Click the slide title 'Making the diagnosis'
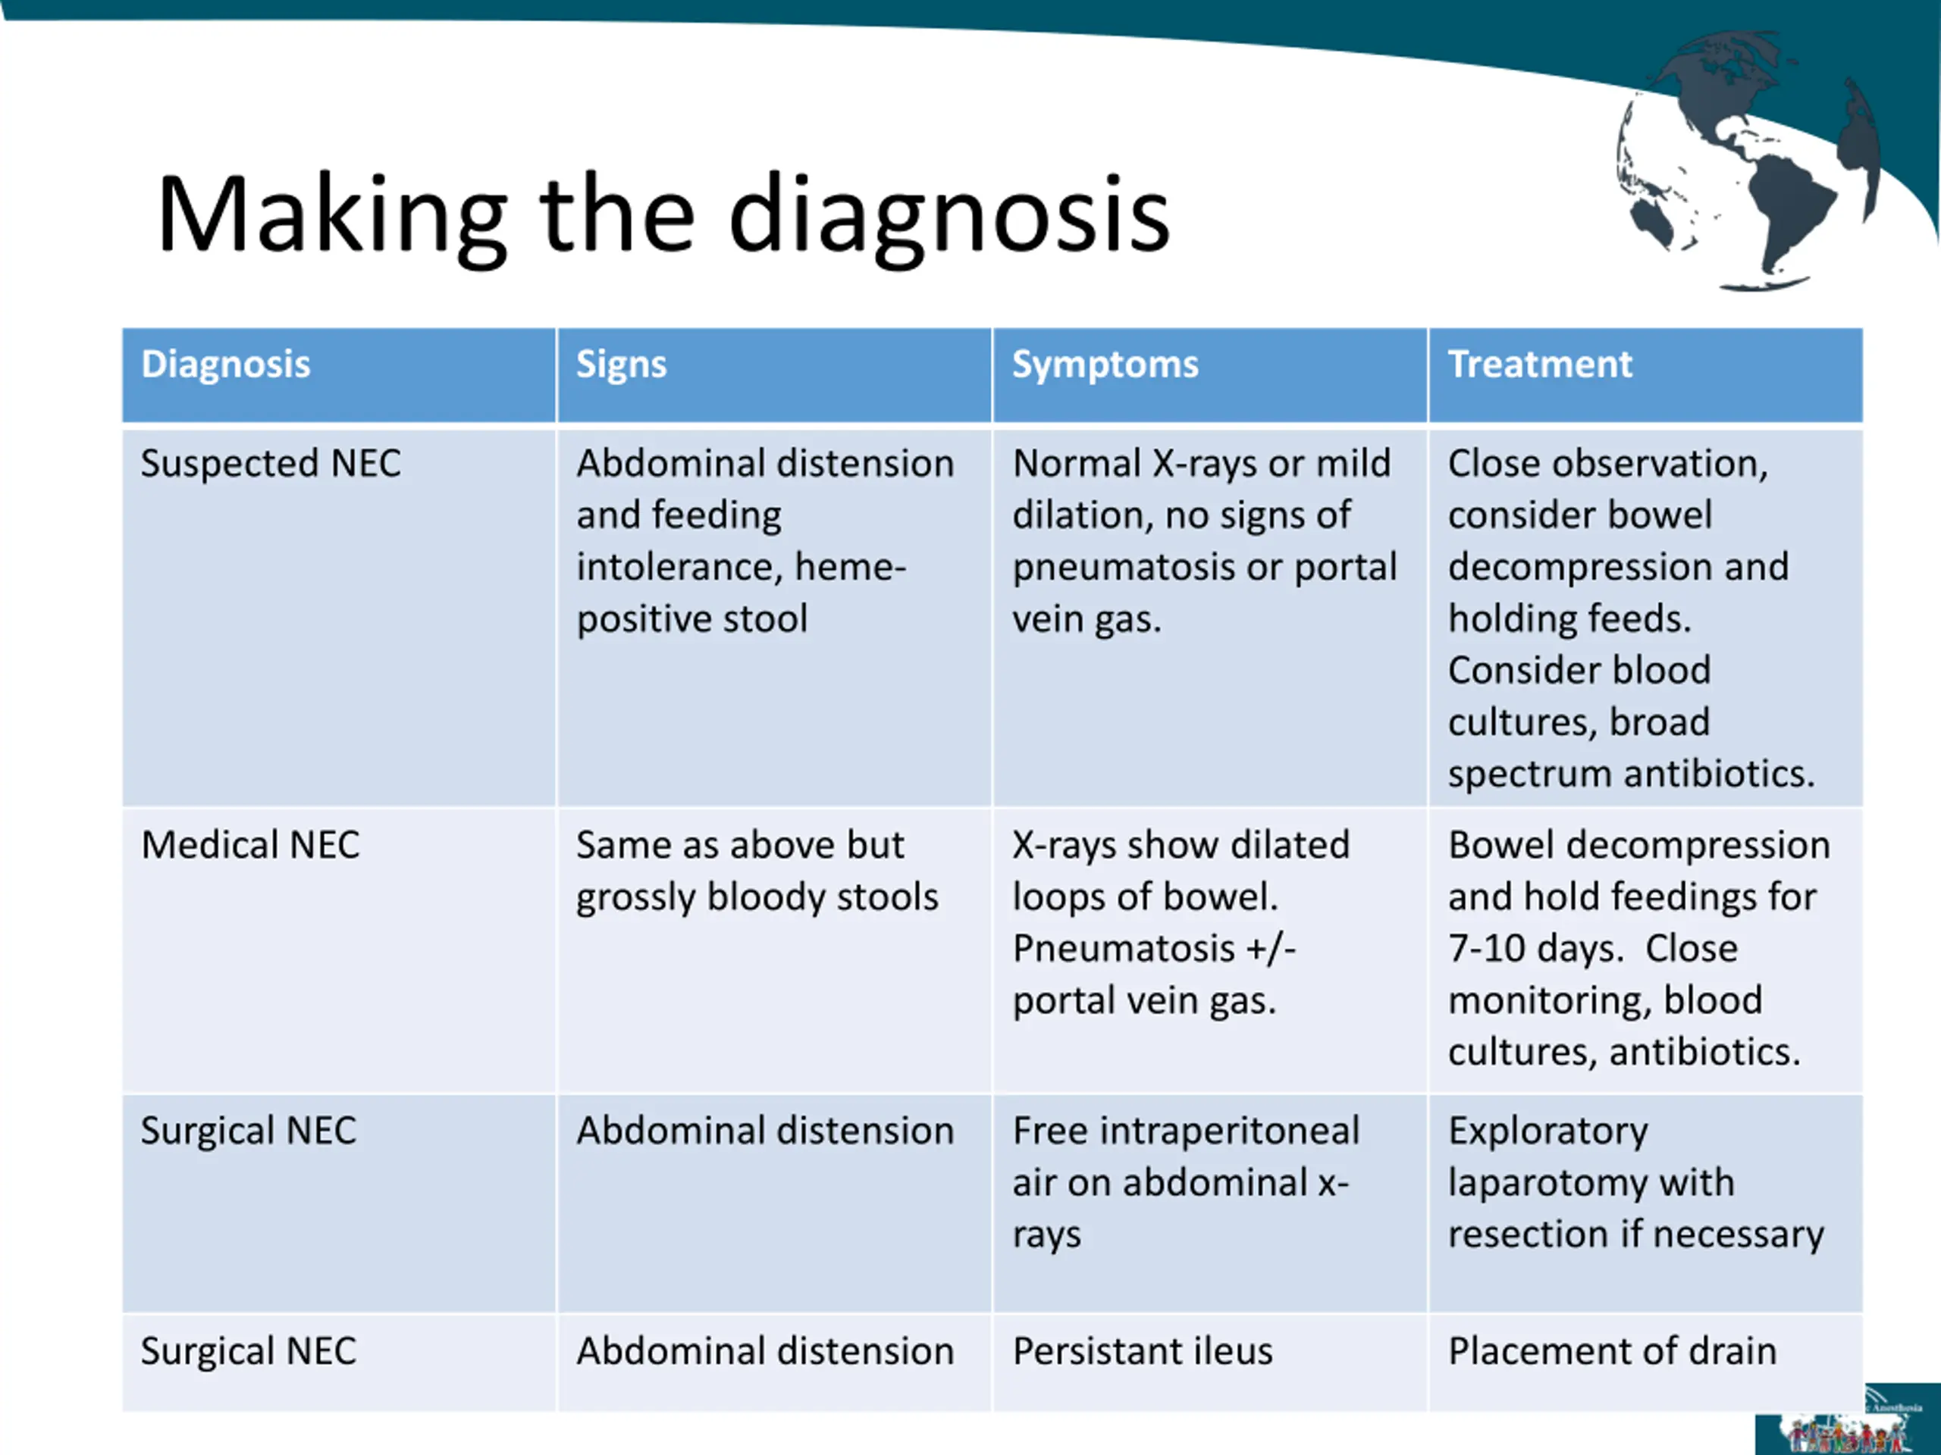(x=663, y=215)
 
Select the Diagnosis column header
(x=225, y=364)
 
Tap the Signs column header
(x=621, y=364)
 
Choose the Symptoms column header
(x=1105, y=364)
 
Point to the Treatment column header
(x=1540, y=364)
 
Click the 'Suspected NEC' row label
(x=270, y=463)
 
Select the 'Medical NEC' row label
(x=250, y=845)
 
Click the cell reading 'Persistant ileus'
(x=1142, y=1350)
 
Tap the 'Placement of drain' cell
(x=1612, y=1350)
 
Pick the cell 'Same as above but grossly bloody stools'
(x=757, y=871)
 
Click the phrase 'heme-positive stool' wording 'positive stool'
(x=691, y=619)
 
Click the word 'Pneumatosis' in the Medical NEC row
(x=1123, y=949)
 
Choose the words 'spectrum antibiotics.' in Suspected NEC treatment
(x=1630, y=774)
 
